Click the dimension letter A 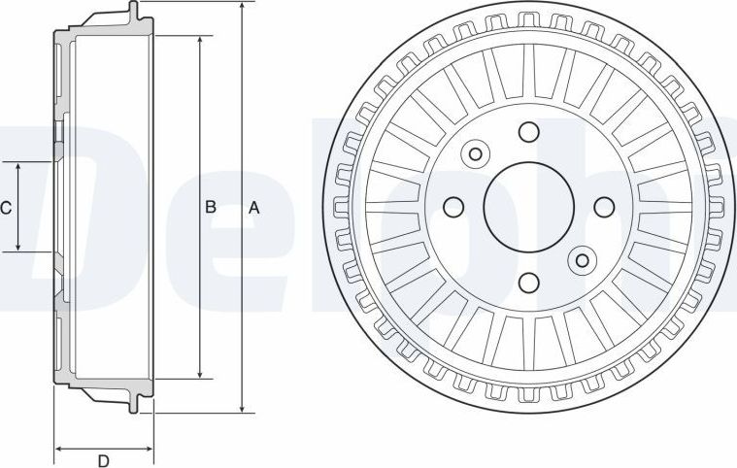[254, 208]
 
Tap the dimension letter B [209, 207]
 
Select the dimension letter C [6, 207]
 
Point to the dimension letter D [104, 459]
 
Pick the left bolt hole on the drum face [452, 207]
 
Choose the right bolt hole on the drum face [603, 207]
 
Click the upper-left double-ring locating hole [476, 153]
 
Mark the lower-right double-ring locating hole [582, 259]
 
